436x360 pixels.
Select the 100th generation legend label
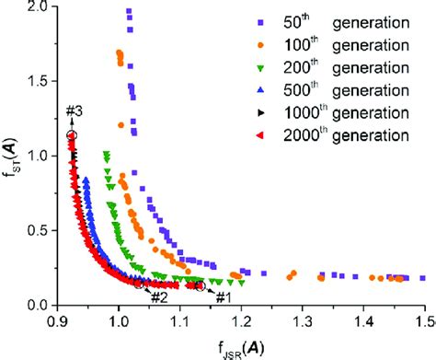354,44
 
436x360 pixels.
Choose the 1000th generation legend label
358,113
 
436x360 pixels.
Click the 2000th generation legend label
358,136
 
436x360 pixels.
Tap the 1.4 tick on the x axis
364,320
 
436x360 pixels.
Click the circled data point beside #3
72,135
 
